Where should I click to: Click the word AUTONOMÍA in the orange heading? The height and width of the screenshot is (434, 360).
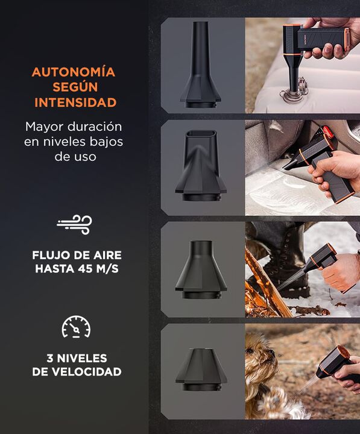click(74, 72)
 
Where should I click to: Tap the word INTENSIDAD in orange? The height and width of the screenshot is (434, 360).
click(75, 102)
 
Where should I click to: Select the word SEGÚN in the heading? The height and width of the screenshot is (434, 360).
click(75, 87)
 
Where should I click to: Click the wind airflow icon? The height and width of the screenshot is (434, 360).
click(75, 224)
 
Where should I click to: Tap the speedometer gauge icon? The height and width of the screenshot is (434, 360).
click(76, 327)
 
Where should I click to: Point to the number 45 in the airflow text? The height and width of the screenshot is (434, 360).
click(86, 269)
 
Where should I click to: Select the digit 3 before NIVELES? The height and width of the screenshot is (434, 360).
click(50, 359)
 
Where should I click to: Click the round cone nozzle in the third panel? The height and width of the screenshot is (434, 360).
click(201, 269)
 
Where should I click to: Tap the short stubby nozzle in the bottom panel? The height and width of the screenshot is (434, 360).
click(201, 370)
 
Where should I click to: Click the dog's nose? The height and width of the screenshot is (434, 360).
click(272, 353)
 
